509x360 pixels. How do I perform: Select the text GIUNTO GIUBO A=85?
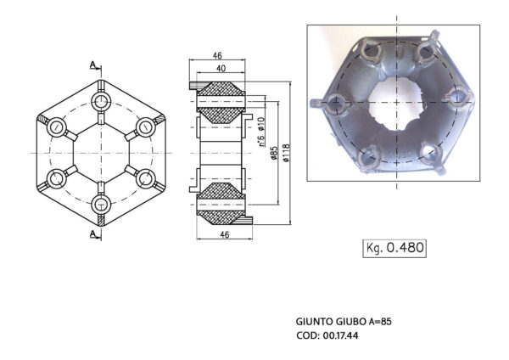point(344,322)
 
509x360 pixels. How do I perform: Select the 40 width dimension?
point(221,69)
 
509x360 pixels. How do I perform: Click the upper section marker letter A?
point(92,64)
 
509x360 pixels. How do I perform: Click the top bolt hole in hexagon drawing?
point(103,101)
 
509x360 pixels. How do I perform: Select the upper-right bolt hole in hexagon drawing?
point(148,127)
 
